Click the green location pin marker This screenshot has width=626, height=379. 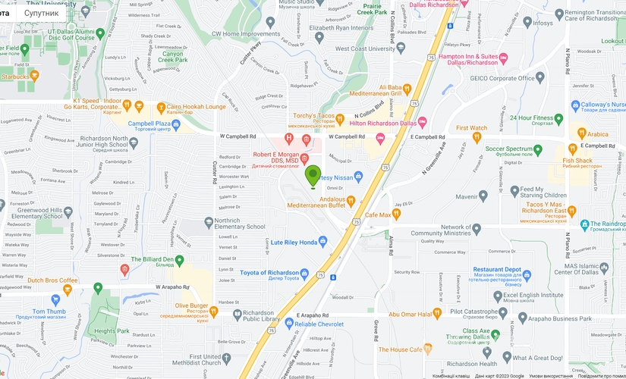(313, 176)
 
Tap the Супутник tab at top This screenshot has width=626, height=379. (41, 13)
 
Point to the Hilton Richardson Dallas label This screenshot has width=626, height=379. (382, 123)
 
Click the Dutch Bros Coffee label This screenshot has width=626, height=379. (52, 280)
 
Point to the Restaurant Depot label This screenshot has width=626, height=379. (497, 269)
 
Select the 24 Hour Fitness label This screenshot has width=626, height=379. (531, 118)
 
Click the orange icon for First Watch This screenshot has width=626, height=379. (477, 137)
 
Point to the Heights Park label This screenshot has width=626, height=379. (112, 331)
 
